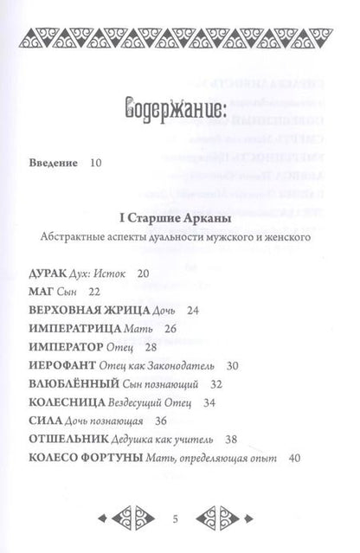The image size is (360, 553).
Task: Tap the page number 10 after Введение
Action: [x=94, y=163]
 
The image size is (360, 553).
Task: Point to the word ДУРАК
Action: [x=48, y=274]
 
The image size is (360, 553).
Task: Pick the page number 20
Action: [x=143, y=274]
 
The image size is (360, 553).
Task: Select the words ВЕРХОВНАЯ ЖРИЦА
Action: [x=89, y=311]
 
